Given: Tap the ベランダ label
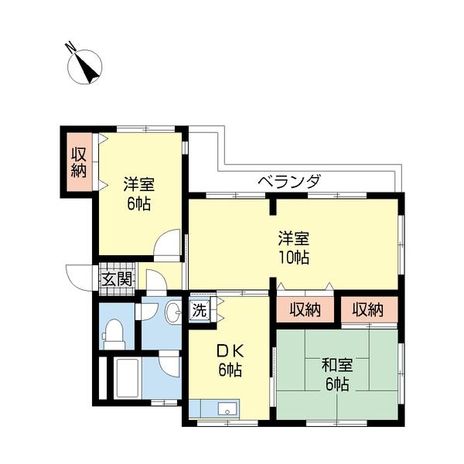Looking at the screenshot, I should coord(288,182).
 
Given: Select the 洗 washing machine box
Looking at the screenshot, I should coord(200,312).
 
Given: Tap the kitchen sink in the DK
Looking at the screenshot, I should coord(227,409).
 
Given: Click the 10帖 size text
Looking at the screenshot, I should coord(294,258).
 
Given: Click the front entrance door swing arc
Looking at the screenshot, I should coord(80,276).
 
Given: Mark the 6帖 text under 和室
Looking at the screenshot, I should coord(336,384).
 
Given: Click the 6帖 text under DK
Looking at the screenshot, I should coord(228,370).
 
